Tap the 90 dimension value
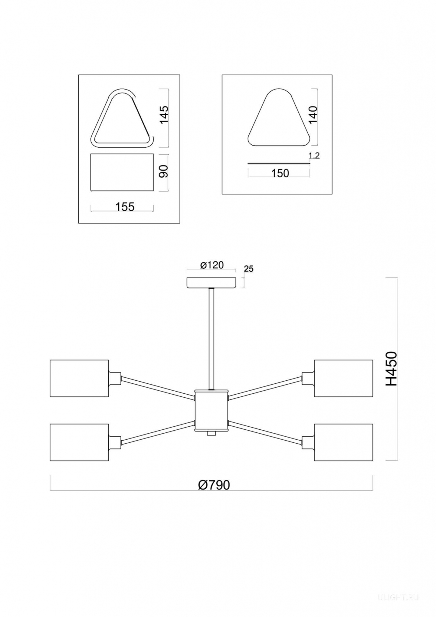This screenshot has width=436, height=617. click(164, 171)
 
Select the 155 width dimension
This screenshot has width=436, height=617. click(125, 207)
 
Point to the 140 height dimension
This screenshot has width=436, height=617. click(313, 114)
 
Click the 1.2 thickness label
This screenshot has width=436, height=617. click(314, 156)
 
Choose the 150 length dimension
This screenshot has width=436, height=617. click(280, 173)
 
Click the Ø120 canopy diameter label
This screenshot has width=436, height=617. click(212, 265)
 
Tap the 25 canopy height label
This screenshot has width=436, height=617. click(249, 269)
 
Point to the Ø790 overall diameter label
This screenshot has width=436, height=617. click(214, 485)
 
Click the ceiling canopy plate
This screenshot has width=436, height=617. click(212, 283)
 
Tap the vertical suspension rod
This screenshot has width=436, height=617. click(212, 339)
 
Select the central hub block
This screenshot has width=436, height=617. click(211, 411)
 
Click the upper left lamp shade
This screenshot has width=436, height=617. click(79, 378)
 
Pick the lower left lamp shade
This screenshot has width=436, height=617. click(79, 442)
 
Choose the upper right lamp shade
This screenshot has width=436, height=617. click(343, 378)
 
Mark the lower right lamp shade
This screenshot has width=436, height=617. click(343, 442)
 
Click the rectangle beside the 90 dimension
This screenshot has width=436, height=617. click(122, 172)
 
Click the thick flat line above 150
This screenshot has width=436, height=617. click(279, 164)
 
